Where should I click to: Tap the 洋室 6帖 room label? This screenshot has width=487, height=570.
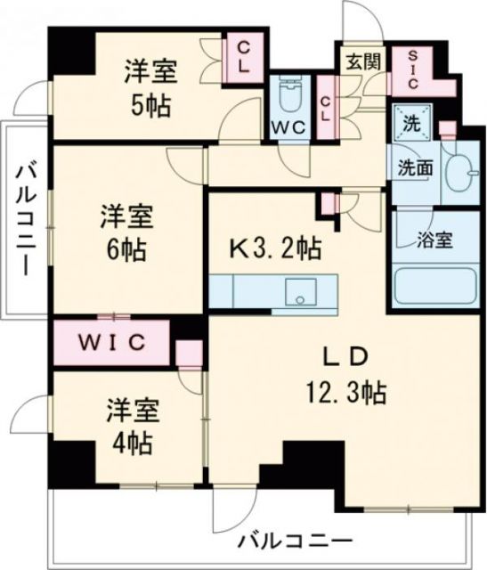(126, 231)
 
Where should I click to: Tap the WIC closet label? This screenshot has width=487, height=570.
(111, 340)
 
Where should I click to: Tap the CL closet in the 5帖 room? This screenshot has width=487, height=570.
(242, 59)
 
